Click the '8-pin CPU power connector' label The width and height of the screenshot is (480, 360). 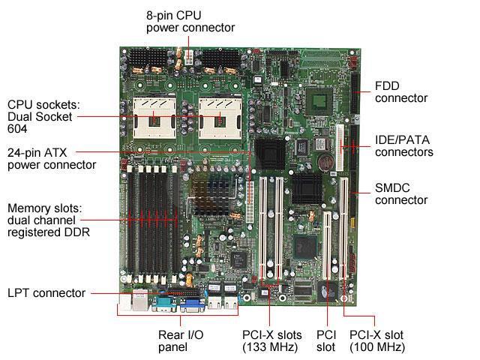click(190, 21)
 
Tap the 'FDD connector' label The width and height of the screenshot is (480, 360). click(400, 91)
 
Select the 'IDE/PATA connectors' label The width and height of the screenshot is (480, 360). click(403, 145)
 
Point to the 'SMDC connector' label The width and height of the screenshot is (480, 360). click(400, 193)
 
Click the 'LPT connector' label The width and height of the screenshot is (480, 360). click(46, 292)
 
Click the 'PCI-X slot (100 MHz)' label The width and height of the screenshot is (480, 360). click(377, 340)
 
